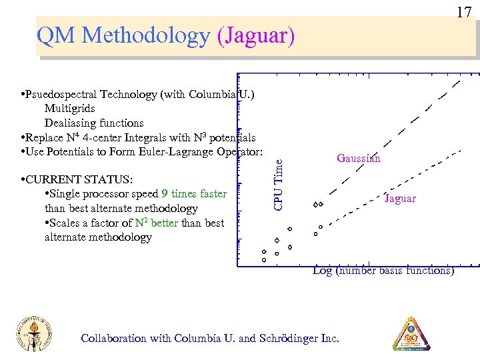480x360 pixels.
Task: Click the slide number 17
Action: (x=464, y=11)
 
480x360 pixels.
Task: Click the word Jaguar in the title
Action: (x=255, y=36)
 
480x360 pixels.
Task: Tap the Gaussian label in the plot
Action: (x=359, y=158)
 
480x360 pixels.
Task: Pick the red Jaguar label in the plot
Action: (x=400, y=198)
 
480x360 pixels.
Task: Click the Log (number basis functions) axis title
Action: (x=383, y=270)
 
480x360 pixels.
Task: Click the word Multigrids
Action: (x=69, y=108)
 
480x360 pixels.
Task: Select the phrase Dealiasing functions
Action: (x=94, y=123)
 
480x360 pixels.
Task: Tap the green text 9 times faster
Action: (x=194, y=194)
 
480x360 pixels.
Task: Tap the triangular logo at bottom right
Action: (x=411, y=334)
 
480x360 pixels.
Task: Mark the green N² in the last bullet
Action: (x=141, y=223)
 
